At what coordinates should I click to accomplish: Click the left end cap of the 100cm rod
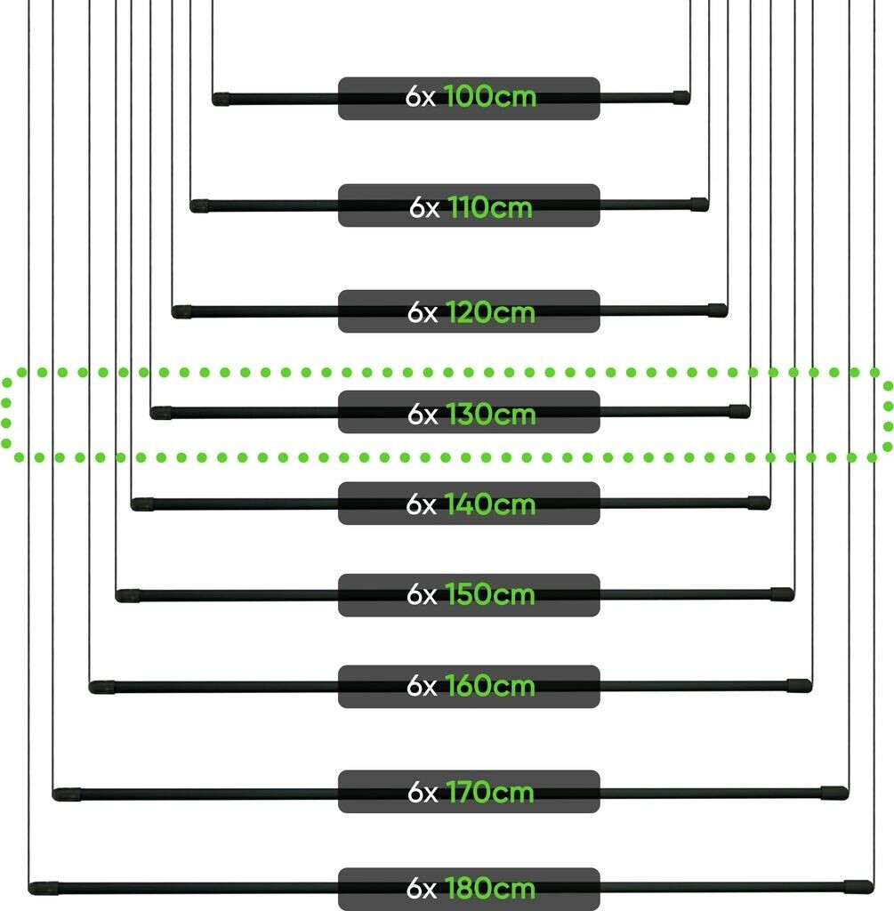tap(221, 100)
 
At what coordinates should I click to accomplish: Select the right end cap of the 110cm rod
tap(699, 204)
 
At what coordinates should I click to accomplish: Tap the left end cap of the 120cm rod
tap(181, 312)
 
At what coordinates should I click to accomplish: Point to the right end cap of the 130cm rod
tap(739, 411)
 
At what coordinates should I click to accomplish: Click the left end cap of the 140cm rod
tap(142, 504)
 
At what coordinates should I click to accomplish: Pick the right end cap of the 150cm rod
tap(783, 593)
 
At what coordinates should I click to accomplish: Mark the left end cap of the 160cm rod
tap(101, 688)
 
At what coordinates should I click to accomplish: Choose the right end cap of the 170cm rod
tap(834, 793)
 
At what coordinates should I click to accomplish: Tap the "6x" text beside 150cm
tap(422, 594)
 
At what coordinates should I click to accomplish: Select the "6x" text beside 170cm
tap(423, 792)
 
